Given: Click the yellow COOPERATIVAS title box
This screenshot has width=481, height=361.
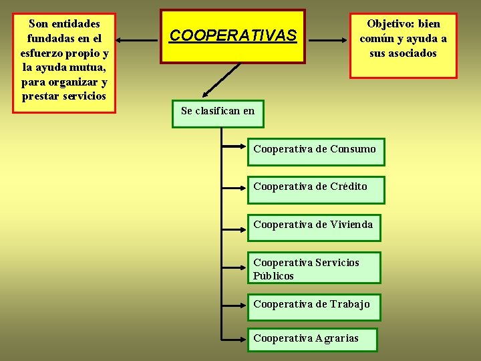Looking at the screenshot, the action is [x=232, y=36].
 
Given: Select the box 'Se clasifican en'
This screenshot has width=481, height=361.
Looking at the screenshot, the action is [x=218, y=112].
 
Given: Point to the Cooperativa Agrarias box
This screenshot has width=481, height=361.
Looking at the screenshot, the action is [x=312, y=339].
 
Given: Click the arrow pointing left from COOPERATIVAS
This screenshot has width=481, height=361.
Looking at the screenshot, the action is [x=139, y=40].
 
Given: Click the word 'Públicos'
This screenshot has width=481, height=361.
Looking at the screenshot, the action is [x=273, y=276].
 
